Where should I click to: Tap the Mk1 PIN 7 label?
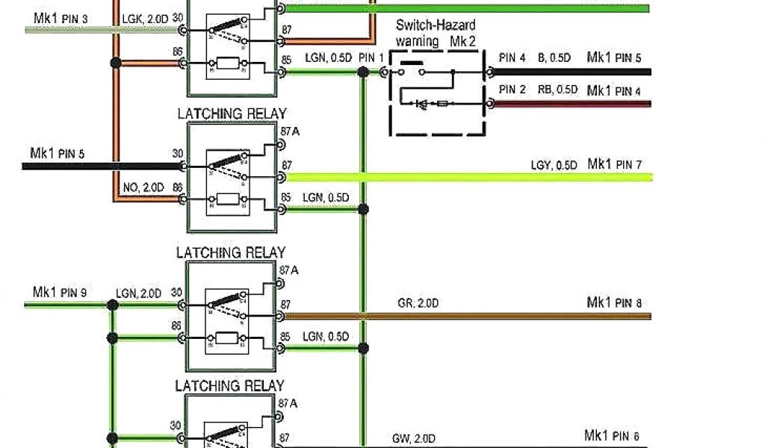click(x=614, y=164)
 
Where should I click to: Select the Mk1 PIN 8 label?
click(x=614, y=302)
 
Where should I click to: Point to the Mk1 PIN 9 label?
click(x=60, y=292)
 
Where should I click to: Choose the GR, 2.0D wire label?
click(x=418, y=302)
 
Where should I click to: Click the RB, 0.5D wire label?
click(x=557, y=90)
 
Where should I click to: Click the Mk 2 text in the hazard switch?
click(x=462, y=42)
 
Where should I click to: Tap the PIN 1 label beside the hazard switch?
click(x=371, y=57)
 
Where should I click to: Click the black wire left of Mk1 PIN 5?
click(x=97, y=166)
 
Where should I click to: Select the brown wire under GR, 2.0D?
click(x=463, y=316)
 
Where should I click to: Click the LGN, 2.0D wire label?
click(x=139, y=293)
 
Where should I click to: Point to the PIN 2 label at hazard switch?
click(x=512, y=90)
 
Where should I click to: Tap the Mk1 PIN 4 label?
click(x=614, y=90)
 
